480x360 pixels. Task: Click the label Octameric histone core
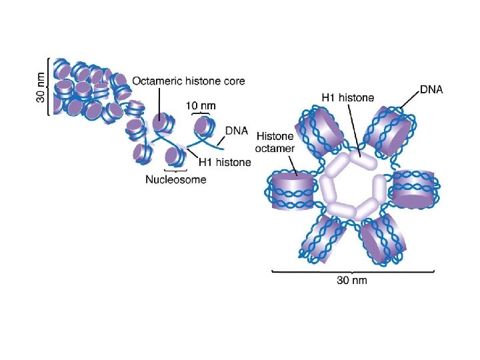189,81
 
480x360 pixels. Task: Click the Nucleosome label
176,179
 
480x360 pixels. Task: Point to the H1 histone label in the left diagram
226,162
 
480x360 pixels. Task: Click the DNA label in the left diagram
238,131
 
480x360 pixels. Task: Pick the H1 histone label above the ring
348,97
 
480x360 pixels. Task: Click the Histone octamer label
275,141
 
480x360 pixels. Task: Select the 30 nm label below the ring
351,280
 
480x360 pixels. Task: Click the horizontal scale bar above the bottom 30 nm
353,270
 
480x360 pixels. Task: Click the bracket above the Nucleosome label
175,171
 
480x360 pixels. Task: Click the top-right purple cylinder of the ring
390,131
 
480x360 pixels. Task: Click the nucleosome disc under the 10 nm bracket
201,125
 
